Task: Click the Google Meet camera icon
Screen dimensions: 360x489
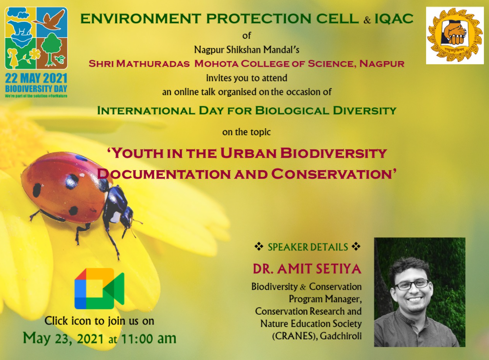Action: (x=99, y=288)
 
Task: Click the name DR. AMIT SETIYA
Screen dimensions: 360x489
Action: (x=307, y=269)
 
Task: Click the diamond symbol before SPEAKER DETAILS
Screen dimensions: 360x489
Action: (x=259, y=247)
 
